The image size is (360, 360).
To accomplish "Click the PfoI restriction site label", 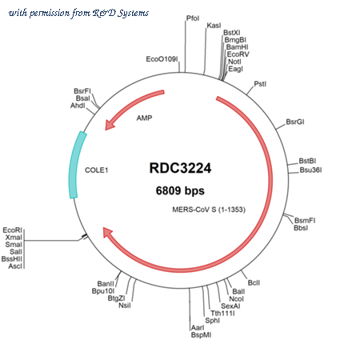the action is (x=193, y=18).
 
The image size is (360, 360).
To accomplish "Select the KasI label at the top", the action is (x=214, y=26).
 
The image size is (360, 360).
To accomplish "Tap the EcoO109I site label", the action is (x=162, y=59).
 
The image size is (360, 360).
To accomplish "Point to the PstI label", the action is (x=260, y=84).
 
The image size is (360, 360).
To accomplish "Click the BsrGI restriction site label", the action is (x=295, y=122).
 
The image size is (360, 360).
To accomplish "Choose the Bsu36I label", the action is (x=310, y=170).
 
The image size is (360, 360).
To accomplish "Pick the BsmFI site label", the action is (x=305, y=221).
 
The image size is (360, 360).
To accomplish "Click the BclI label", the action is (x=254, y=282).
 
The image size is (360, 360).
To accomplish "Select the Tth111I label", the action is (x=222, y=314).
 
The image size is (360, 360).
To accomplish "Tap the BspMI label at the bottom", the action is (x=201, y=335).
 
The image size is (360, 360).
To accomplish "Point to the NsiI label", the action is (x=125, y=306).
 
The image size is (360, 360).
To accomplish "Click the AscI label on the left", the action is (x=15, y=266).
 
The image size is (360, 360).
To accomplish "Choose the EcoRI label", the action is (x=12, y=230).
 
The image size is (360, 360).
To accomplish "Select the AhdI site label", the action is (x=78, y=106).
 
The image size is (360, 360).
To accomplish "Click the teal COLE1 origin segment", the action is (x=76, y=165).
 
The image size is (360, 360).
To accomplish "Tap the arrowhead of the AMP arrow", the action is (x=110, y=125).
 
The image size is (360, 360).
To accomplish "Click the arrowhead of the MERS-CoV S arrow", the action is (x=107, y=232).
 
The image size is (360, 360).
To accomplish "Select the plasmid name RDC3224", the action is (x=180, y=168).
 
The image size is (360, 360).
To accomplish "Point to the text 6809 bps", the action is (x=180, y=190).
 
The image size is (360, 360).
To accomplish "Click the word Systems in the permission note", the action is (x=133, y=13).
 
